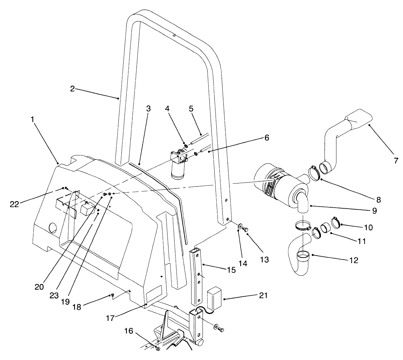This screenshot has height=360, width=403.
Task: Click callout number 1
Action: [x=33, y=119]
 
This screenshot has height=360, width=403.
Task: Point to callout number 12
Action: [x=353, y=260]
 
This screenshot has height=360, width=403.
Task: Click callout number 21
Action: [x=263, y=295]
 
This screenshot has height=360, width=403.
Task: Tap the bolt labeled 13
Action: [x=246, y=229]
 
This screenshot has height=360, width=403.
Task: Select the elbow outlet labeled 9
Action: [x=303, y=202]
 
